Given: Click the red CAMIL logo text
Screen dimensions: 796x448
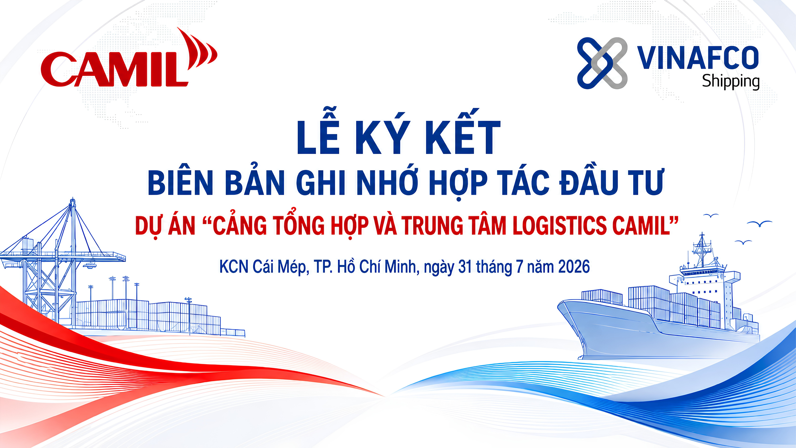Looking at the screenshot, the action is (x=114, y=69).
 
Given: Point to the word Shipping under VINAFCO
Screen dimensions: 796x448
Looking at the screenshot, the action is (x=731, y=81).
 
